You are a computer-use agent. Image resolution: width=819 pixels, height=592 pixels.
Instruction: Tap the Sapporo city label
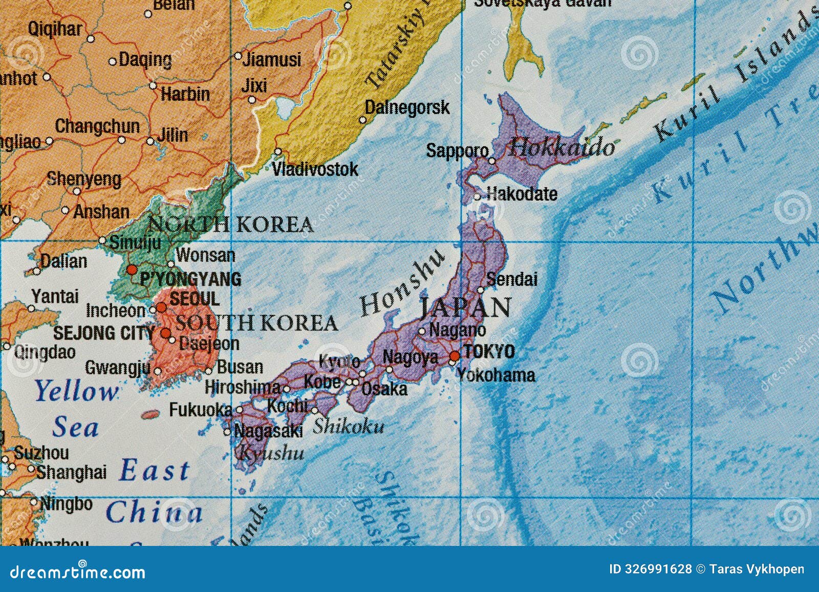click(457, 151)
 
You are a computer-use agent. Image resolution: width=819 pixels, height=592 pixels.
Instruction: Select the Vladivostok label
click(315, 168)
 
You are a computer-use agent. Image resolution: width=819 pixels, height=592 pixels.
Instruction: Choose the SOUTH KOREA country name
click(256, 323)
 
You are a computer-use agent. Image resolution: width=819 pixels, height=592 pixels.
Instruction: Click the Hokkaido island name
click(562, 147)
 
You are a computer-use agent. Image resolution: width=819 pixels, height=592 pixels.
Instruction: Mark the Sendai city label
click(511, 279)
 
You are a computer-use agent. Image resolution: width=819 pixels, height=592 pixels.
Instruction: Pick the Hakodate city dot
click(477, 196)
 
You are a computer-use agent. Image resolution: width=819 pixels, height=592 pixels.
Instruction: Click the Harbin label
click(185, 94)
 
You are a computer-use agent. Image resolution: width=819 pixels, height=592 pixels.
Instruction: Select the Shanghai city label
click(71, 472)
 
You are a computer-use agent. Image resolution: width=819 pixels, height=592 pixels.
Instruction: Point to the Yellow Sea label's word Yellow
click(76, 392)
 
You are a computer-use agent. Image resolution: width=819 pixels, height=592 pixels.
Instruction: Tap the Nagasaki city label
click(268, 431)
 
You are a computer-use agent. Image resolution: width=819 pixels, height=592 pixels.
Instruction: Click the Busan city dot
click(209, 371)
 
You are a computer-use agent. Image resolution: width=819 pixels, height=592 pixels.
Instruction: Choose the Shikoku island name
click(348, 426)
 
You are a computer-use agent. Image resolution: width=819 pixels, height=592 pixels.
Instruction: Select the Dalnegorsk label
click(407, 108)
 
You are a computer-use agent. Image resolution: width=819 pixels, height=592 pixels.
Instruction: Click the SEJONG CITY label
click(103, 333)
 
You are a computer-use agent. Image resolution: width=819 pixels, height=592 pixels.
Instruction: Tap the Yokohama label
click(495, 375)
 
